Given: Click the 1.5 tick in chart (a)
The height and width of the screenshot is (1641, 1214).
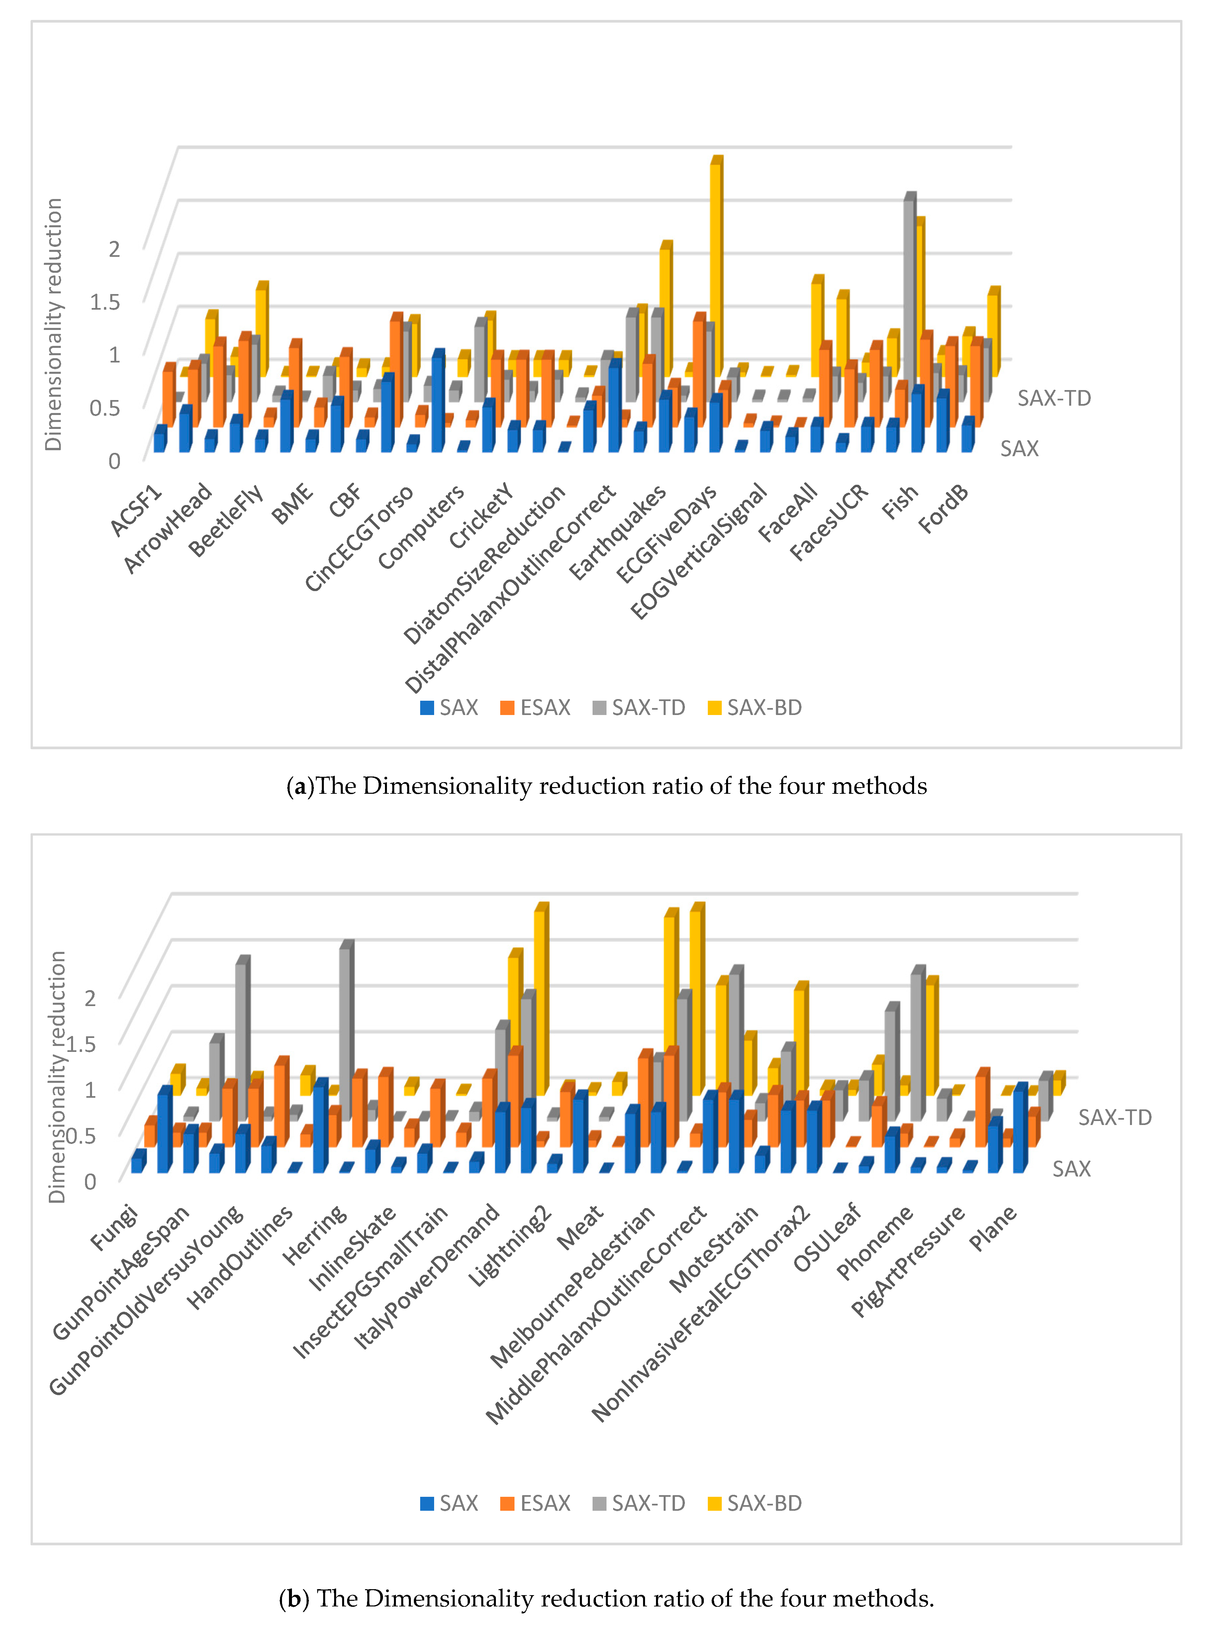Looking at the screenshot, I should click(x=104, y=301).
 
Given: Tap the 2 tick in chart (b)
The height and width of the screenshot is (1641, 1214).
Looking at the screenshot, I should click(x=90, y=997).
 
